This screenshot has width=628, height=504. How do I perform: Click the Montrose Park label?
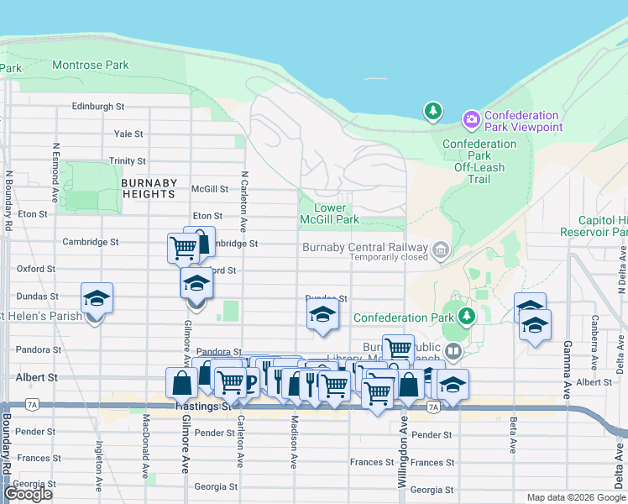90,65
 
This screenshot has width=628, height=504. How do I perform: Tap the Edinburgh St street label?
97,107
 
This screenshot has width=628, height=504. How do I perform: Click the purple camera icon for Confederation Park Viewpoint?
471,120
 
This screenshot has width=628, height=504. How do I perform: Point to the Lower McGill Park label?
336,213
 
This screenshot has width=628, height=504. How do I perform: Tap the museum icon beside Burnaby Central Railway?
440,249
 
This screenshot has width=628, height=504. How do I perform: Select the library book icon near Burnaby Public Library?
453,350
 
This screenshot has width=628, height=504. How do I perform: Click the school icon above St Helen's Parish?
97,298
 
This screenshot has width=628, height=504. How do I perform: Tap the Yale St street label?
128,134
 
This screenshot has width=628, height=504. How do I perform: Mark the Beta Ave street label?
512,436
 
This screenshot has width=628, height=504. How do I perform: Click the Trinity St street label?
127,160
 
